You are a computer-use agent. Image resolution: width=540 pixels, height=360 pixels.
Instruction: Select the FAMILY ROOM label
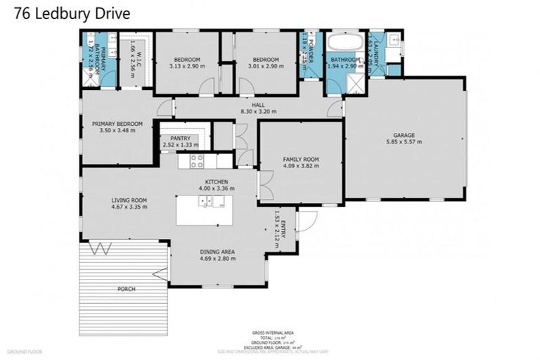tap(301, 160)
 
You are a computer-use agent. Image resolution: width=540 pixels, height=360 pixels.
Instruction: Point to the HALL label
tap(258, 105)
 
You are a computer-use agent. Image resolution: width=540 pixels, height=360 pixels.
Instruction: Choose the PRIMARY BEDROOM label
tap(117, 124)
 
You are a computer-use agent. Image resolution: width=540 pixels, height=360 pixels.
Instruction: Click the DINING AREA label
tap(217, 252)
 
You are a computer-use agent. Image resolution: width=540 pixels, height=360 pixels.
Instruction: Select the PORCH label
tap(127, 289)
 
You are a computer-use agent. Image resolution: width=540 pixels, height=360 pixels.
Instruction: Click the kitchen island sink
tap(209, 202)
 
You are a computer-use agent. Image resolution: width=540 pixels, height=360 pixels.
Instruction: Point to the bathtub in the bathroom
tap(345, 41)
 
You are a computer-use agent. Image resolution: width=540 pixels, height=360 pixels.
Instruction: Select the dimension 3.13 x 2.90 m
tap(188, 66)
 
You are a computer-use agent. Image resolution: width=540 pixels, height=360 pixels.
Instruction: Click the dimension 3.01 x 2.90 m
tap(266, 66)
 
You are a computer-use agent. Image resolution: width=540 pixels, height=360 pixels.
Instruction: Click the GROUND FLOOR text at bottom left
tap(25, 351)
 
